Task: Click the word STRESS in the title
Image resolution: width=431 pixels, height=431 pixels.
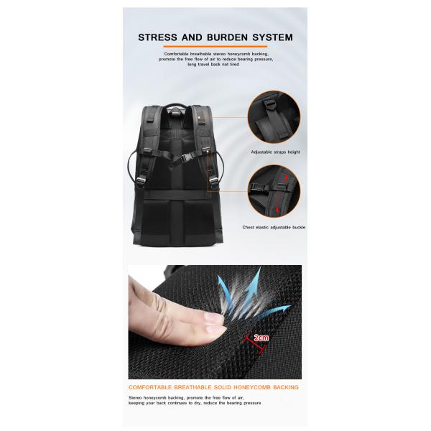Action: point(157,37)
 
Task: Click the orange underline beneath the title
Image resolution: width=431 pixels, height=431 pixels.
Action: point(215,47)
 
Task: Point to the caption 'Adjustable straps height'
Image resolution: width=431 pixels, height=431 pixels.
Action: point(275,152)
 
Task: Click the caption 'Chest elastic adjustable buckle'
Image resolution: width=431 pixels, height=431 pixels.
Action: point(274,227)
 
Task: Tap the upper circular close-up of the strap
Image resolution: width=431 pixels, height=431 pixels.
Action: point(274,117)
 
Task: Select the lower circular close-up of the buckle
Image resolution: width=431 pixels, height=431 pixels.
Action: point(274,191)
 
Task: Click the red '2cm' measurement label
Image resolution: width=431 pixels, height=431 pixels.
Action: point(261,338)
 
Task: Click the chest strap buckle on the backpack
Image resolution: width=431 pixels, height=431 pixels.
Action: point(185,159)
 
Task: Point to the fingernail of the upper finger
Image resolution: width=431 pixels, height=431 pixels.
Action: point(213,318)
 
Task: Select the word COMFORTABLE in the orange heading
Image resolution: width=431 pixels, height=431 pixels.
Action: point(150,387)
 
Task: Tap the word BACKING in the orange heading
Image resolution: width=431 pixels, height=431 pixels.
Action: point(286,387)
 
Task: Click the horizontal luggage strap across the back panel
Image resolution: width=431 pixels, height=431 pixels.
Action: point(175,195)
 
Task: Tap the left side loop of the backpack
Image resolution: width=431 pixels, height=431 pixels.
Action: point(132,166)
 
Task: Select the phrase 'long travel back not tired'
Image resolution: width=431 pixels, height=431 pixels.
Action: point(213,65)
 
